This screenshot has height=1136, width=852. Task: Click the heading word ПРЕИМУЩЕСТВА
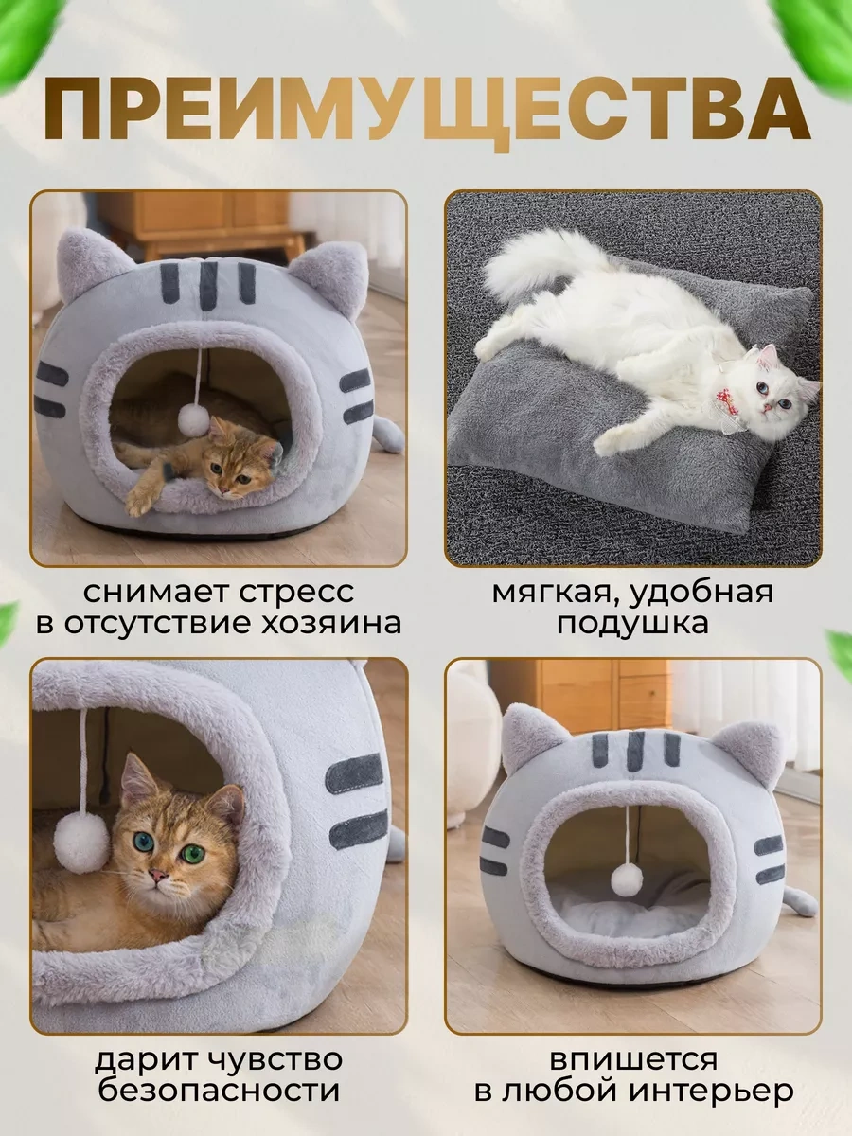(426, 112)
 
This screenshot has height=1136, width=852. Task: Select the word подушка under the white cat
(631, 624)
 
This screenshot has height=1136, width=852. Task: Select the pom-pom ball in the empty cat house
(626, 879)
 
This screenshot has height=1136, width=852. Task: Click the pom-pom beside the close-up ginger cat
(81, 842)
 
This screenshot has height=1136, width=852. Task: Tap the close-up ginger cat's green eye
(193, 853)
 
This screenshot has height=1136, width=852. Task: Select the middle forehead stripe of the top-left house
(207, 283)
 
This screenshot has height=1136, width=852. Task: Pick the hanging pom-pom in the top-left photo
(194, 420)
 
